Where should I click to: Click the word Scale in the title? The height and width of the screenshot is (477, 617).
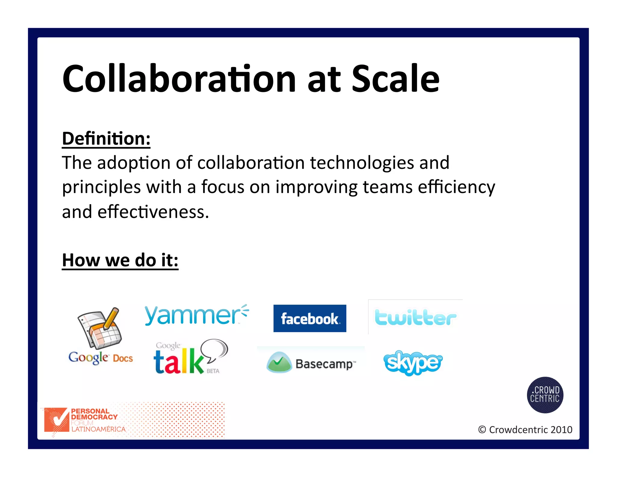point(395,79)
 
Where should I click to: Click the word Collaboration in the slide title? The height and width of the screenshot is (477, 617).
point(179,79)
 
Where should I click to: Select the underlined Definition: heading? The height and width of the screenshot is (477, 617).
point(106,139)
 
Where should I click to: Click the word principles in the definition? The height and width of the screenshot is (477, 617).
point(101,188)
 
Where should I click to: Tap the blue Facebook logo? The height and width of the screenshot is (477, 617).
point(310,318)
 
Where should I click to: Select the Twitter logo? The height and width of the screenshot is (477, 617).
point(415,317)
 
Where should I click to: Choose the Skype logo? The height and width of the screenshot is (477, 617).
point(413,363)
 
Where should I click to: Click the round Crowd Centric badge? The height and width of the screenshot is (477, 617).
point(545,395)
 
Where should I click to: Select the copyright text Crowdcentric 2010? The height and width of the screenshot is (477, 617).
point(525,430)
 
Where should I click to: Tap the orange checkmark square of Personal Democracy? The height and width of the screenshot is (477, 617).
point(56,419)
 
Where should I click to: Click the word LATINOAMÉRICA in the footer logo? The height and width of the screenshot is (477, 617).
point(98,429)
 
